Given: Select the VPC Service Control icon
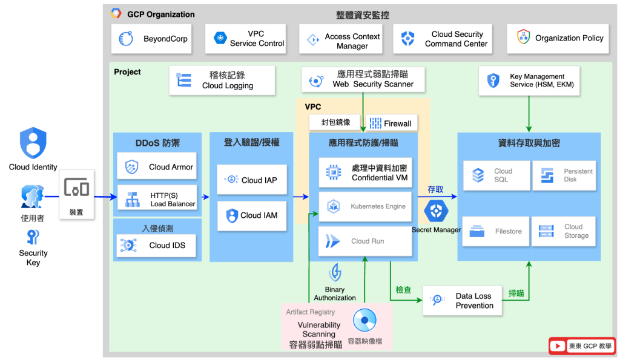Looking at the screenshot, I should coord(220,39).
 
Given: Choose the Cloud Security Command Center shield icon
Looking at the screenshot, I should coord(408,39).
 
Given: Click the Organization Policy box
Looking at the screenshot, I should coord(559,38).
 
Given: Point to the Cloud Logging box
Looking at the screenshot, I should coord(222,80).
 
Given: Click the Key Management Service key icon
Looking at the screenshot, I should coord(494,80).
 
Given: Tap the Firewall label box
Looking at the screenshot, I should coord(391,123).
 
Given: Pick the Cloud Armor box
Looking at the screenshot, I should coord(157,167).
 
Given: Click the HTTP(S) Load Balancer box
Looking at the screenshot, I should coord(157,199).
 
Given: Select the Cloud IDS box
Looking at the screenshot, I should coord(157,245).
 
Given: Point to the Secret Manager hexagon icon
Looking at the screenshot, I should coord(435,211).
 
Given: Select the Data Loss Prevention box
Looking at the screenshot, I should coord(463,301).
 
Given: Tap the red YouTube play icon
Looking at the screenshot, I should coord(558,346).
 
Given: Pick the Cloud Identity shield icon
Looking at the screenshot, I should coord(33,143).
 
